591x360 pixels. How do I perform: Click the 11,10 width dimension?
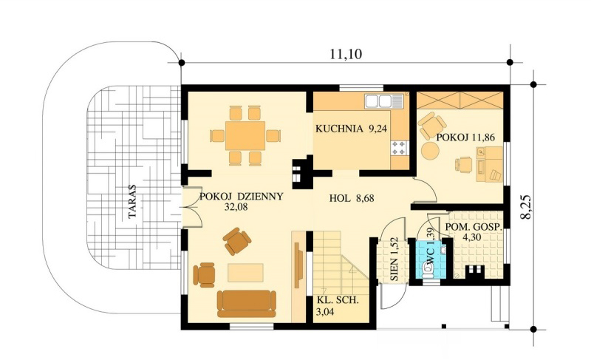tap(346, 54)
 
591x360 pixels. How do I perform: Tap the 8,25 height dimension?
tap(527, 206)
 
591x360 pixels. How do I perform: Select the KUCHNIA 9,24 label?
tap(351, 129)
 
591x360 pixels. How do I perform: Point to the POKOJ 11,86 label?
tap(465, 137)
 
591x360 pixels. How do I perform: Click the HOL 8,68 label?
tap(352, 198)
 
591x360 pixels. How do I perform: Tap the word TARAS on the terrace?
tap(132, 201)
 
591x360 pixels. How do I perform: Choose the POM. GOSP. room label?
tap(474, 227)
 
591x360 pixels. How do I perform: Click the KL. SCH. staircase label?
tap(338, 301)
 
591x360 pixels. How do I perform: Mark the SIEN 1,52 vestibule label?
tap(394, 264)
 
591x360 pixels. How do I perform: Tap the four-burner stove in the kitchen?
tap(400, 148)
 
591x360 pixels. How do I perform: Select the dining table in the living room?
tap(245, 136)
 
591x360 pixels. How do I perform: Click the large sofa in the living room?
tap(247, 304)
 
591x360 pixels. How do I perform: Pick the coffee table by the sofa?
tap(245, 273)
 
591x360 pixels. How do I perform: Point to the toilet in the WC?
tap(428, 271)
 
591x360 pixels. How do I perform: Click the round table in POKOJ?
tap(430, 151)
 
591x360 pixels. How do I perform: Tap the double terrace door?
tap(191, 206)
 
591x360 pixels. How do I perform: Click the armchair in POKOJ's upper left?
tap(431, 125)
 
